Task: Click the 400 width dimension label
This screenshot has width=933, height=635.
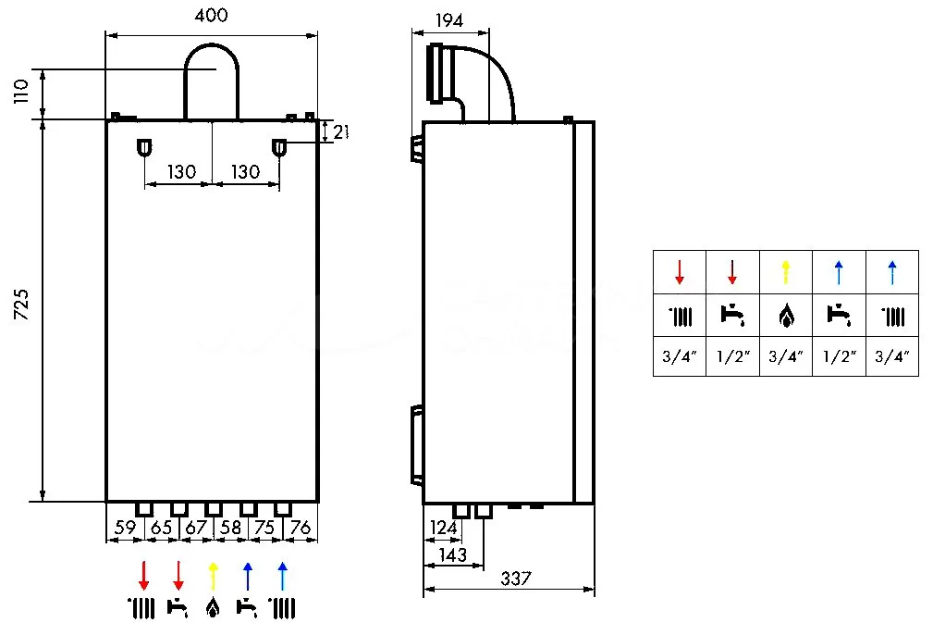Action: click(212, 16)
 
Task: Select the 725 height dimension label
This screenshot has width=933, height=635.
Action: click(22, 305)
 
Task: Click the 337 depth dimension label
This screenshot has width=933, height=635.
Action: click(515, 579)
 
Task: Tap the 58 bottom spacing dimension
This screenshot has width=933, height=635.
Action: click(230, 528)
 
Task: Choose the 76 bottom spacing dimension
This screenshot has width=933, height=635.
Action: click(301, 528)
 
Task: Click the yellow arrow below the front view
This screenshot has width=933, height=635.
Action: click(214, 575)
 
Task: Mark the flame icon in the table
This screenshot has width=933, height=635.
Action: click(785, 317)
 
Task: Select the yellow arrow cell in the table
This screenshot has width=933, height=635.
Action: click(785, 272)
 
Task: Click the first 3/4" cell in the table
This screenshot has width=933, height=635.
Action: click(679, 355)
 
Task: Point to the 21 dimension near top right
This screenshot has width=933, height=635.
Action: click(339, 131)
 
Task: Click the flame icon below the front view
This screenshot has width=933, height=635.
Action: click(214, 608)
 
